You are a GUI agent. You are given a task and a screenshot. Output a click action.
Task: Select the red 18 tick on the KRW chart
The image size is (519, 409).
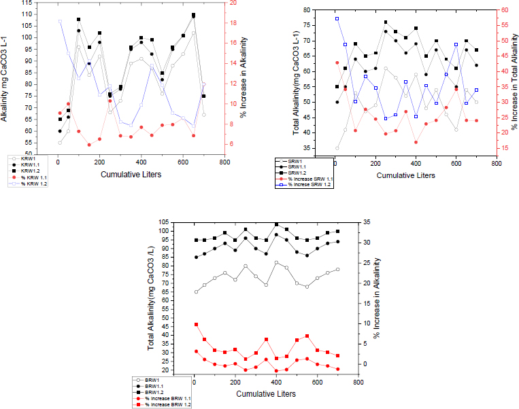(233, 22)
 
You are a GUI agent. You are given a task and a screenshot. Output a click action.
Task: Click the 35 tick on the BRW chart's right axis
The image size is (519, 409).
(367, 222)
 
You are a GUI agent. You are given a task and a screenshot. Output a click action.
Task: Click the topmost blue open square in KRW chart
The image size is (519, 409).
(59, 21)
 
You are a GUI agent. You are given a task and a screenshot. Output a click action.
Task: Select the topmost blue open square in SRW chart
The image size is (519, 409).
(337, 18)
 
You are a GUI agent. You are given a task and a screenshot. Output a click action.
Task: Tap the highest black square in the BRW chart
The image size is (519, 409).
(276, 224)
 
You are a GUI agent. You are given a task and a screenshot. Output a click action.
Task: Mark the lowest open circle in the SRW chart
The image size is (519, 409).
(337, 148)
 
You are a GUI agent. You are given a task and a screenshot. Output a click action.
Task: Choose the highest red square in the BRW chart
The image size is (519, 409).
(196, 325)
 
